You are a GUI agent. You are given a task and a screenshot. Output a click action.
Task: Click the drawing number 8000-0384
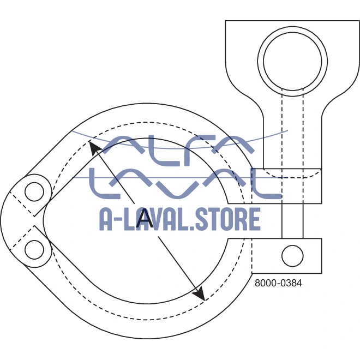tap(278, 283)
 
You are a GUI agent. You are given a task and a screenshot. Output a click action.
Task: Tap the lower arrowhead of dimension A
tap(199, 293)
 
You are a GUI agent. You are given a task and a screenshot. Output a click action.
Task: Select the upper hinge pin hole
tap(34, 191)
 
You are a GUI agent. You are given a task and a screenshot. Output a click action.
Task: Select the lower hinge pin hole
tap(34, 250)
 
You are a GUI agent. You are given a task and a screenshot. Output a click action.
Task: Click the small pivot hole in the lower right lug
tap(292, 256)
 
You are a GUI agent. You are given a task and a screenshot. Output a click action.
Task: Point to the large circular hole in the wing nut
tap(292, 61)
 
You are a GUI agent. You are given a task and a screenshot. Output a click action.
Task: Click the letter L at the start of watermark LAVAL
tap(105, 184)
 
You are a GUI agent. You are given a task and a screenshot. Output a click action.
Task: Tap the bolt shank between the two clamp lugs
tap(292, 221)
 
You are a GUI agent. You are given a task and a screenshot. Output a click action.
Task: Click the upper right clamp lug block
tap(287, 186)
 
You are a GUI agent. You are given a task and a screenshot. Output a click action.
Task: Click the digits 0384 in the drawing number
tap(291, 283)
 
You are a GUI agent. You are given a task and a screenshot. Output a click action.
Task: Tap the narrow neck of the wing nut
tap(292, 142)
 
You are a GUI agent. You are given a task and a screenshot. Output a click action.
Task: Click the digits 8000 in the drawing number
tap(266, 283)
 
